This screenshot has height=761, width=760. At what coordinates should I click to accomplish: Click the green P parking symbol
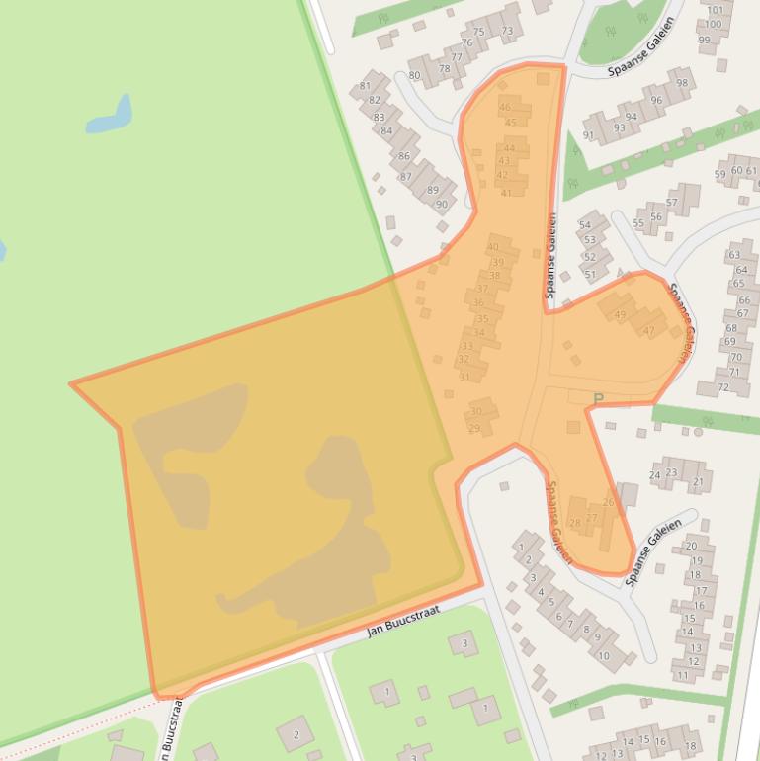coord(597,399)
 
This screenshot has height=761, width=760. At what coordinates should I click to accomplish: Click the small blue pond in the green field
coord(110,116)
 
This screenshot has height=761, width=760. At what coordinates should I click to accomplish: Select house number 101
coord(714,10)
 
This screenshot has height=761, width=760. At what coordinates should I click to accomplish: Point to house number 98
coord(682,83)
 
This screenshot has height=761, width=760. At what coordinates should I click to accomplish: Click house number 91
coord(589,135)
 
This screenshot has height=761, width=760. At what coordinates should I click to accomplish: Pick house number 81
coord(365,86)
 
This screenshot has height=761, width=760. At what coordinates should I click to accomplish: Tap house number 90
coord(442,205)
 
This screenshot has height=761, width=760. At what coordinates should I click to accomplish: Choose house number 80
coord(414,75)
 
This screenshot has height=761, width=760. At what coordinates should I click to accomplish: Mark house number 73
coord(507,31)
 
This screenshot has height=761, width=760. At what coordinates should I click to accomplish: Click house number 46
coord(506,107)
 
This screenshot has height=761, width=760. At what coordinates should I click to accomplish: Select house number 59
coord(720,175)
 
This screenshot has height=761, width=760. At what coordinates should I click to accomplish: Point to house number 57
coord(671,203)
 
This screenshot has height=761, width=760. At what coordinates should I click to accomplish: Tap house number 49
coord(620,315)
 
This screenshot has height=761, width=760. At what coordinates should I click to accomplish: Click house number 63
coord(735,255)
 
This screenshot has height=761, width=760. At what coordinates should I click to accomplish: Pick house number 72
coord(721,386)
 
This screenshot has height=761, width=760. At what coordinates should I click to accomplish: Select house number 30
coord(476,411)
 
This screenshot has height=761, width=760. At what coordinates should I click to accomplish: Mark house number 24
coord(654,475)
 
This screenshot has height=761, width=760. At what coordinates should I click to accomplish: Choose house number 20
coord(692,546)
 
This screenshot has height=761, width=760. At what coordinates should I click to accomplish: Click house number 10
coord(603,655)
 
